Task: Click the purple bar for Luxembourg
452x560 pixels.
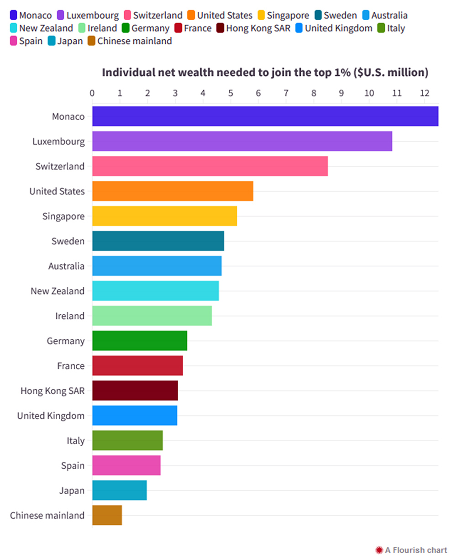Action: [242, 141]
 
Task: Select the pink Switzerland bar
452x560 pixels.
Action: [210, 166]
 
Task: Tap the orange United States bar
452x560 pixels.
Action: [173, 191]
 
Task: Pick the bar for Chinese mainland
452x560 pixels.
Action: [107, 515]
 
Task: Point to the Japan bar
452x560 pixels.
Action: [119, 491]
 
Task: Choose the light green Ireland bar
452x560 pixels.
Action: [152, 316]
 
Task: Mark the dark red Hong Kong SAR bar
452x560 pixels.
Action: [135, 391]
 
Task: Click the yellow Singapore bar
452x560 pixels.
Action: [164, 216]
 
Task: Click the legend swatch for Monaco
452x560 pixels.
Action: [14, 16]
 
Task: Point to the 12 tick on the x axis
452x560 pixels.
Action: [425, 93]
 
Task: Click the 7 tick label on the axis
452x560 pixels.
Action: [286, 93]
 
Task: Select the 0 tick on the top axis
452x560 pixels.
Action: [92, 93]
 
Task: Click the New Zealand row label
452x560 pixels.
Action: [58, 291]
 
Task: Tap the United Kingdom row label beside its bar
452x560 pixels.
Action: [51, 416]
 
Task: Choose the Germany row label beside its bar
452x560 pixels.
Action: [65, 341]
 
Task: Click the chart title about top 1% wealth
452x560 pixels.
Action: [265, 73]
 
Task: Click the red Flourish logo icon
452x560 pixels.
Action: [378, 550]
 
